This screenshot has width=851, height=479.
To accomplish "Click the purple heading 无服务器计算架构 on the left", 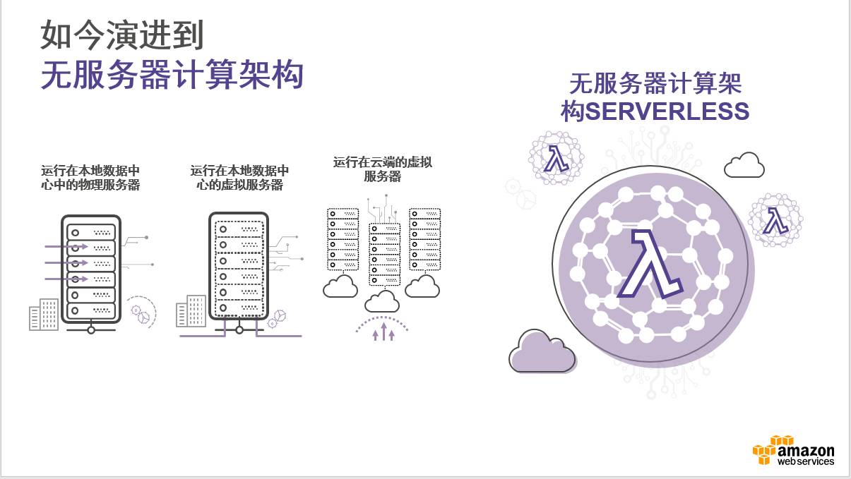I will pos(172,75).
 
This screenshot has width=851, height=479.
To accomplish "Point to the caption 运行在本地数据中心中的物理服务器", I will pos(90,178).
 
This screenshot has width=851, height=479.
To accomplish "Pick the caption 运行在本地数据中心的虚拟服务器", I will pos(239,178).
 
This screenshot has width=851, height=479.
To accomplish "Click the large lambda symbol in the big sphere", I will pos(648,263).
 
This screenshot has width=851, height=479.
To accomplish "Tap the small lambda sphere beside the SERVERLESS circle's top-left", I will pos(557,158).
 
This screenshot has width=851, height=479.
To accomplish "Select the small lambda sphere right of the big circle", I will pos(775,220).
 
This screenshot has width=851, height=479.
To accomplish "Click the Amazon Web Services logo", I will pos(794,450).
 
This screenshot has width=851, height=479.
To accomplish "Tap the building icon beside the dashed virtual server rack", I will pos(191,311).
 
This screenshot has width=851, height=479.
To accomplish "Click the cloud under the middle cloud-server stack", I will pos(382,301).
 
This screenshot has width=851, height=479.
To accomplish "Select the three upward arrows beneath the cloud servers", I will pos(383,332).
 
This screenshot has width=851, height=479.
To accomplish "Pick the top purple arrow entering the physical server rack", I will pos(66,246).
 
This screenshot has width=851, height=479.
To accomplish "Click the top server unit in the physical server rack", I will pos(90,231).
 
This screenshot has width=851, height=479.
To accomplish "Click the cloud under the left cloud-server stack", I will pos(340,286).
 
